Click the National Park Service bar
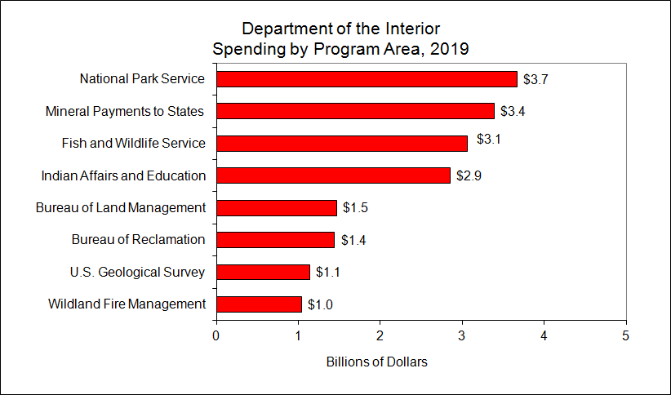point(367,79)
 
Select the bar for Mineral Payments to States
point(355,111)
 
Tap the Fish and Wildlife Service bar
point(341,144)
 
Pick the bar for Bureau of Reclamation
point(275,240)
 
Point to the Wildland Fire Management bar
point(259,304)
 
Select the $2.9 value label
point(469,175)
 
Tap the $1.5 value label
point(355,208)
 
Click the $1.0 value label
point(320,305)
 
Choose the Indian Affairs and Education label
point(123,175)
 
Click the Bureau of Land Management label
point(121,207)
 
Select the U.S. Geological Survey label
point(138,272)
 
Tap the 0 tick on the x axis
point(216,335)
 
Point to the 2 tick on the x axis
point(380,335)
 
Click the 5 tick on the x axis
point(625,335)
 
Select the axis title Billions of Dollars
point(376,362)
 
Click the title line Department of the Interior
point(340,29)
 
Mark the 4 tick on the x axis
point(544,335)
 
